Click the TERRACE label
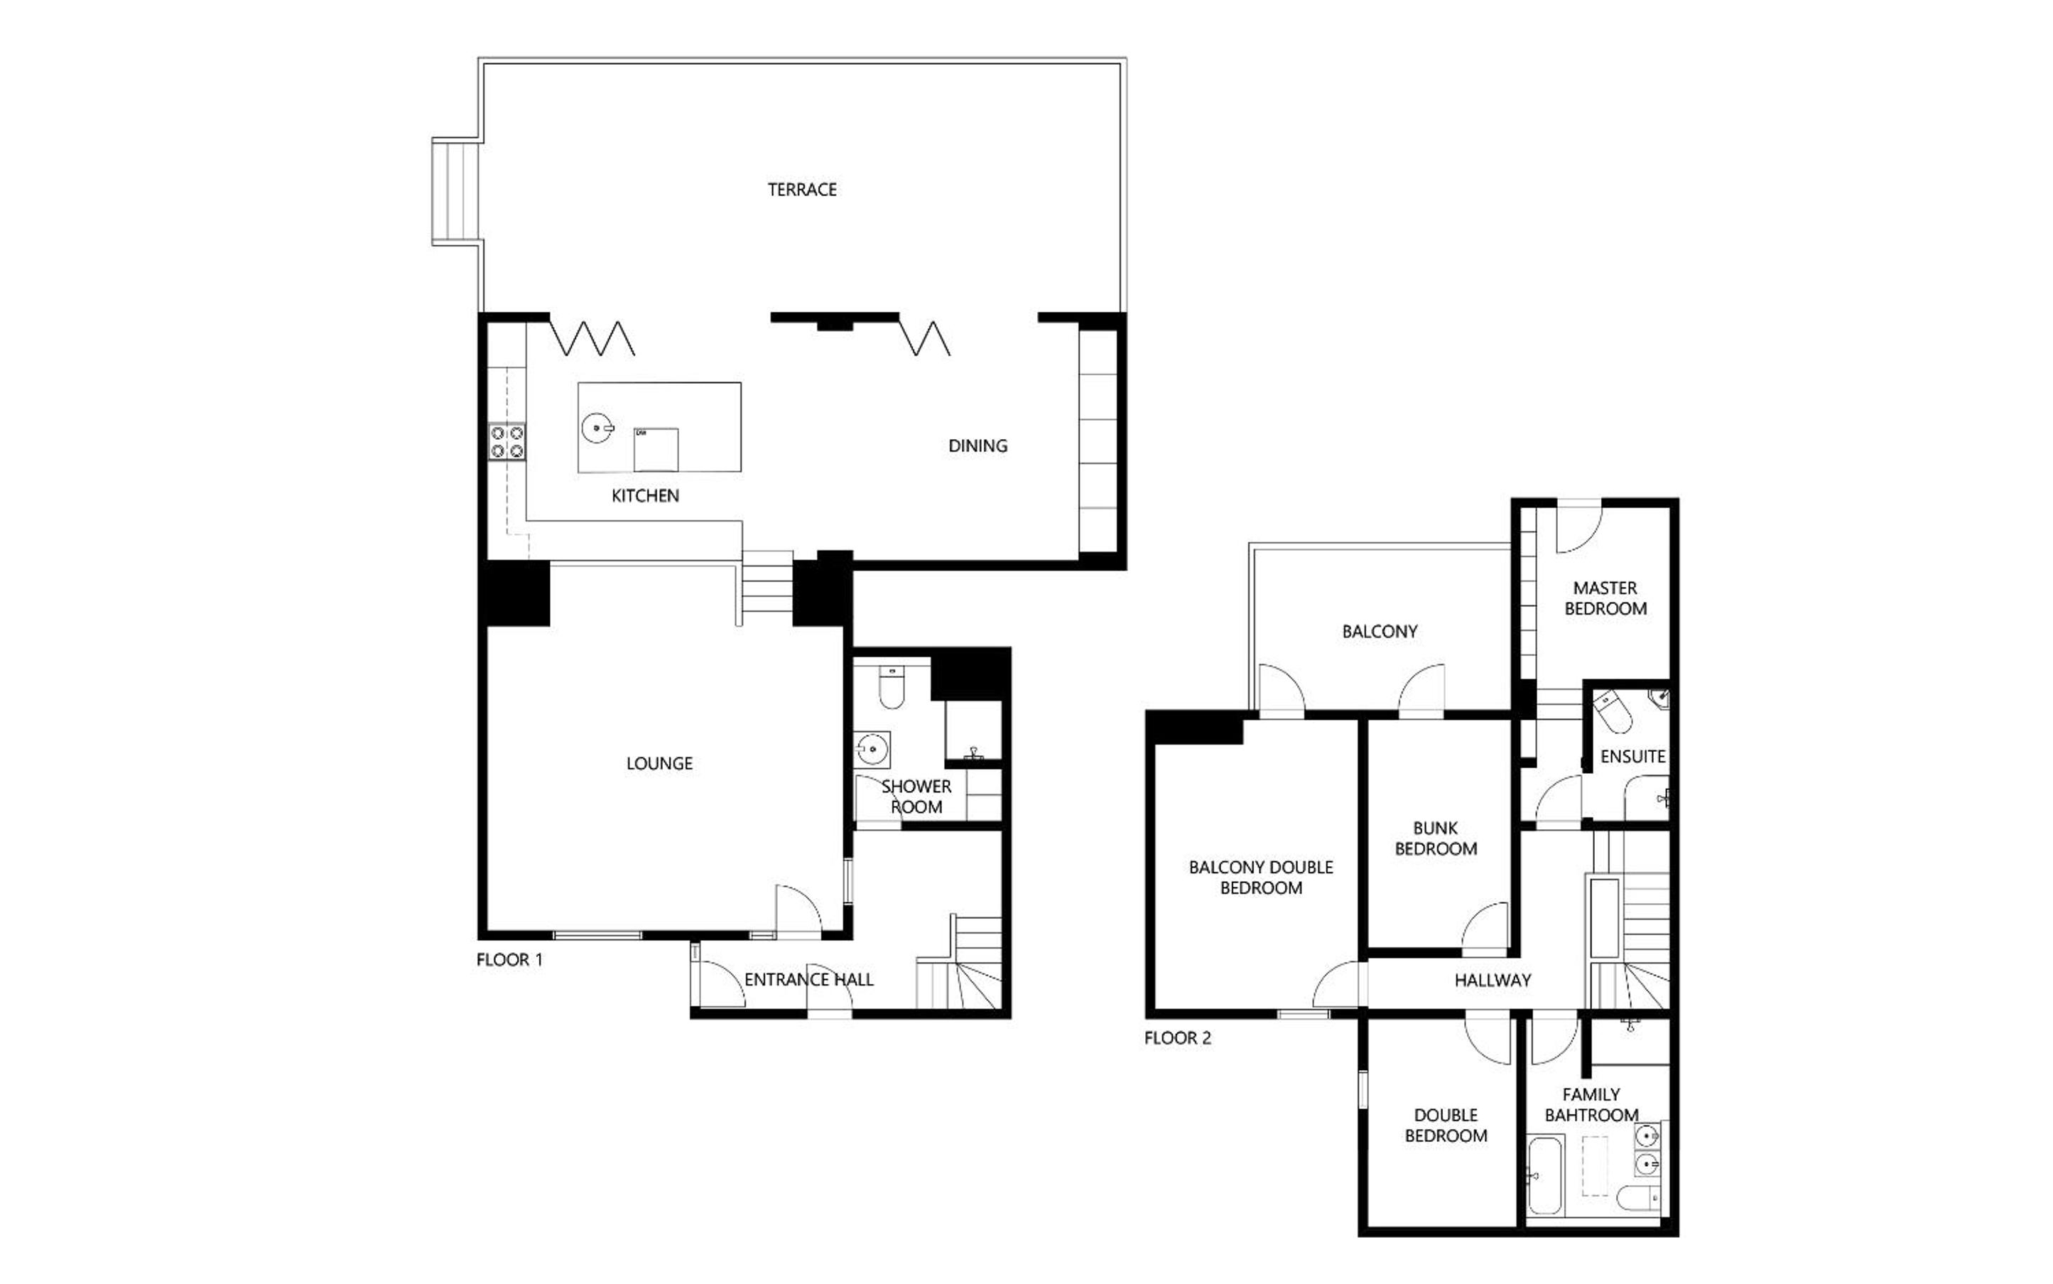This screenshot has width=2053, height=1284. [x=801, y=190]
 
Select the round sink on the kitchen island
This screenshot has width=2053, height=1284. [x=597, y=428]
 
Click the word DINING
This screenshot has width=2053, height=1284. [x=977, y=446]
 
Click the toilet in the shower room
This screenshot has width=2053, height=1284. [x=890, y=687]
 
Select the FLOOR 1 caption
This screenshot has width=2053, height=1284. [x=509, y=959]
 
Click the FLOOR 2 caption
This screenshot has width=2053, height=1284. [x=1177, y=1037]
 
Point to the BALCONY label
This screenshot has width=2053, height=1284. [x=1379, y=632]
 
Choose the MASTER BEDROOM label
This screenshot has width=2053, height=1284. [x=1605, y=598]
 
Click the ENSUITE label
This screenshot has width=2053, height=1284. [x=1632, y=757]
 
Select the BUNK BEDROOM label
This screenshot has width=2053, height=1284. [x=1435, y=838]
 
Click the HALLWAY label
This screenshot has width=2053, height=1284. [x=1492, y=981]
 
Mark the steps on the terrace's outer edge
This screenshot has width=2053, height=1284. [x=457, y=192]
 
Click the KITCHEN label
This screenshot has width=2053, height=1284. [x=645, y=496]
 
